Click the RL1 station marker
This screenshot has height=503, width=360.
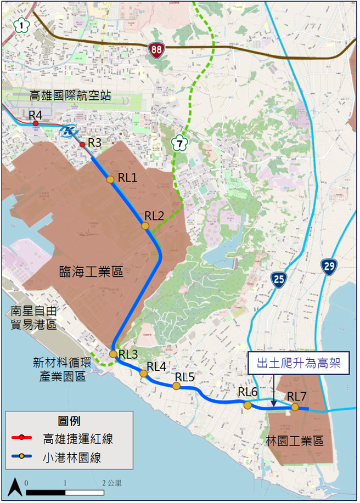tap(110, 179)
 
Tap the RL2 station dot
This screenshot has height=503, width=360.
tap(145, 226)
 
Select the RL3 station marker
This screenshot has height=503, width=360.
tap(113, 354)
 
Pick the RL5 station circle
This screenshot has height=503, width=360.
tap(176, 386)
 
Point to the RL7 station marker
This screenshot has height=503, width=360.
tap(295, 407)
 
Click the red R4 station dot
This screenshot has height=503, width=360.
tap(36, 124)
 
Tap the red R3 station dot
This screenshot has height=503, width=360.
tap(82, 144)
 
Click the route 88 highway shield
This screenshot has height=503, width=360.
tap(156, 49)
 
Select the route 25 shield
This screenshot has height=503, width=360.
tap(279, 280)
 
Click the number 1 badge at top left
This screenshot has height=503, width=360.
tap(21, 25)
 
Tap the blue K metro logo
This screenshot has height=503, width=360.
tap(70, 132)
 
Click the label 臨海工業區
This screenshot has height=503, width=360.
tap(91, 271)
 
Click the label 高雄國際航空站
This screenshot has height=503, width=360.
tap(71, 97)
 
